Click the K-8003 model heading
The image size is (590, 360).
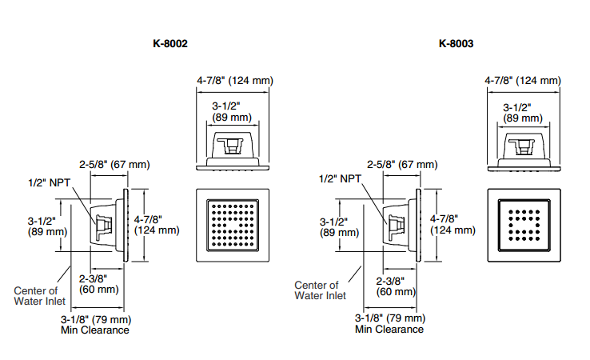456,44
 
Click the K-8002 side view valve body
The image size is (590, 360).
105,226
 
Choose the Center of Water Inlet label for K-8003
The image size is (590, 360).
321,290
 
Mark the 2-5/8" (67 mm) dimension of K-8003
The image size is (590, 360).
402,164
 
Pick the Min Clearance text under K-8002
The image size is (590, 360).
95,330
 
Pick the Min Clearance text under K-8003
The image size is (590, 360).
390,329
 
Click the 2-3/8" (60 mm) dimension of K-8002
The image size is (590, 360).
98,284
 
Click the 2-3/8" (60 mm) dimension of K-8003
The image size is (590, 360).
394,286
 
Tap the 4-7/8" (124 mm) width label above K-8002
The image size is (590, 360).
235,81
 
